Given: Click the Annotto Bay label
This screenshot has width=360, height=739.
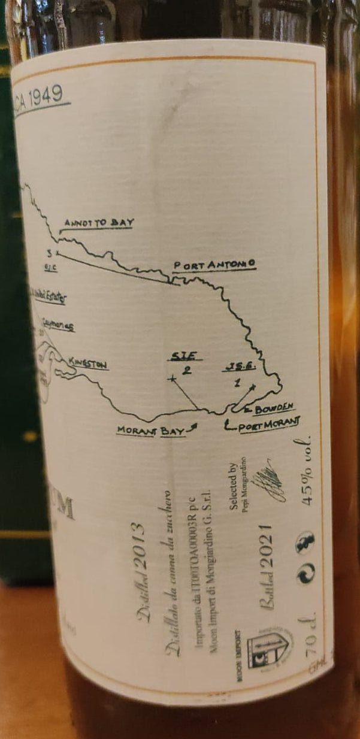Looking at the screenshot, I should click(99, 223).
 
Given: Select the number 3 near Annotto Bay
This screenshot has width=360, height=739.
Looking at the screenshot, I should click(50, 252).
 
